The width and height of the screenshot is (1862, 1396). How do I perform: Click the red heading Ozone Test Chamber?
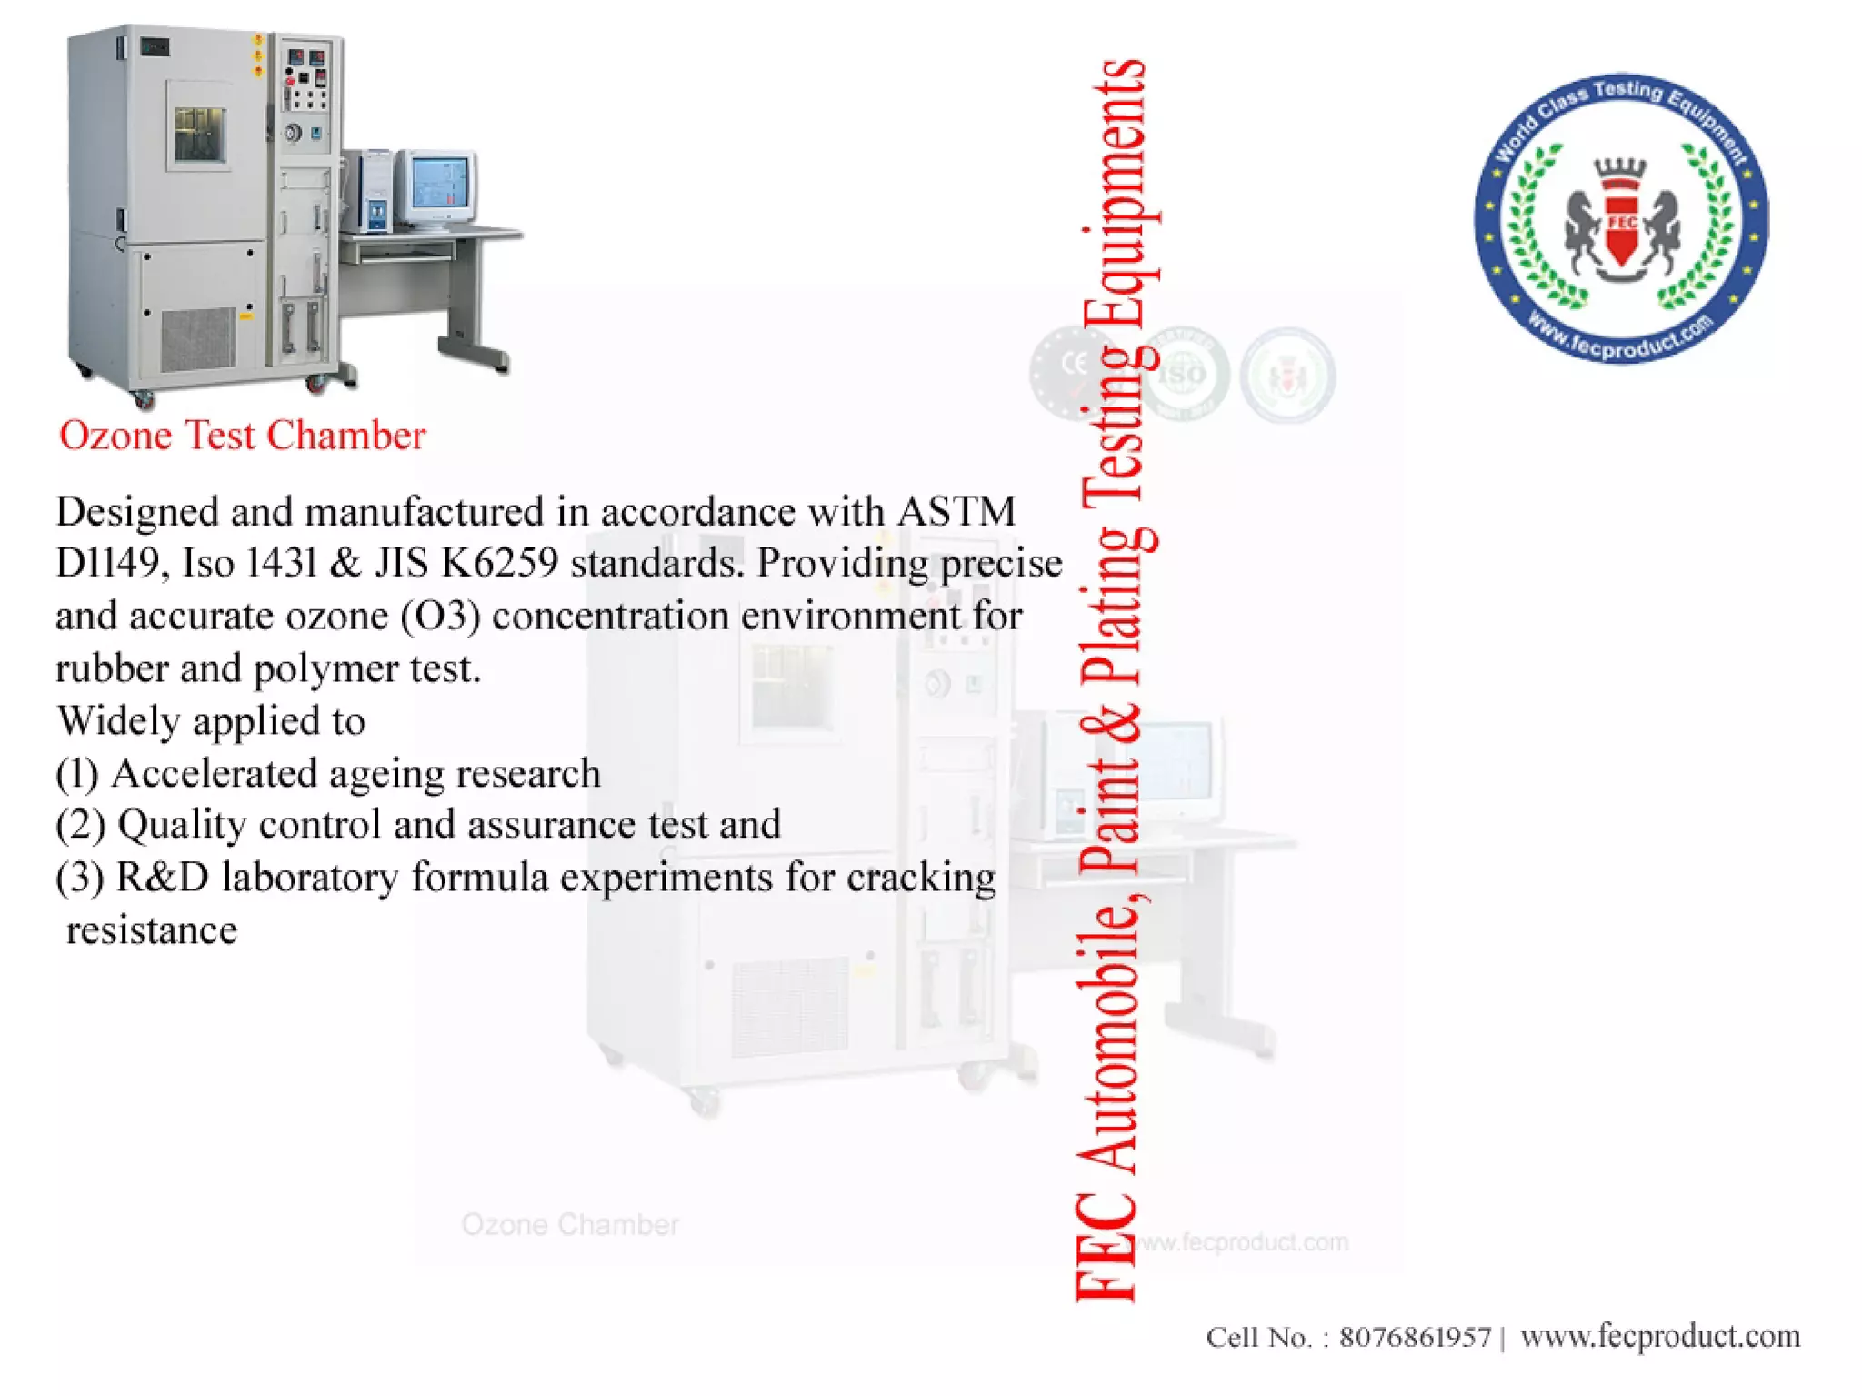pos(242,436)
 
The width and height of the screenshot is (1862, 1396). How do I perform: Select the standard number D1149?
pos(110,564)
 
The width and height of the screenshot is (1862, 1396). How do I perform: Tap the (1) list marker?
pos(76,774)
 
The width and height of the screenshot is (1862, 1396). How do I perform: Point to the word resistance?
pos(152,930)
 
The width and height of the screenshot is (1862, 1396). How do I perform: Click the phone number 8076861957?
pos(1415,1337)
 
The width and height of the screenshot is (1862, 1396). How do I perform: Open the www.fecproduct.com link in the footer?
pos(1659,1336)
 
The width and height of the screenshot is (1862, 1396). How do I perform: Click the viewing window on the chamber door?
pos(199,134)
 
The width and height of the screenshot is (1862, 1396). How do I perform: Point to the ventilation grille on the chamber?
pos(197,338)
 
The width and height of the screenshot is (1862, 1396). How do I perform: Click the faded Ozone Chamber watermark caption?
pos(570,1225)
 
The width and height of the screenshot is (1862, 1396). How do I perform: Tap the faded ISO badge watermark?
pos(1182,374)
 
